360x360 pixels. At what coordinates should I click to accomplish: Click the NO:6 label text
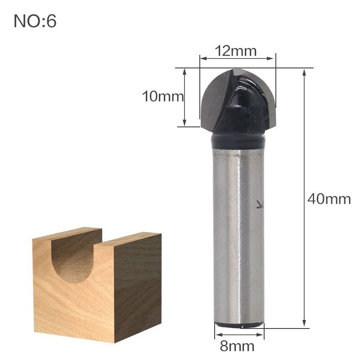coord(35,21)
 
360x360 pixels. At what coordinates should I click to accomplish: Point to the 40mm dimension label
coord(329,199)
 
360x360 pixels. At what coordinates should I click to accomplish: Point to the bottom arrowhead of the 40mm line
coord(305,323)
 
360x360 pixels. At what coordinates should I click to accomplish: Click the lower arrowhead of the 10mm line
coord(184,124)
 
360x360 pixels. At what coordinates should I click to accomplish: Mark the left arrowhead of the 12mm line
coord(202,58)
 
